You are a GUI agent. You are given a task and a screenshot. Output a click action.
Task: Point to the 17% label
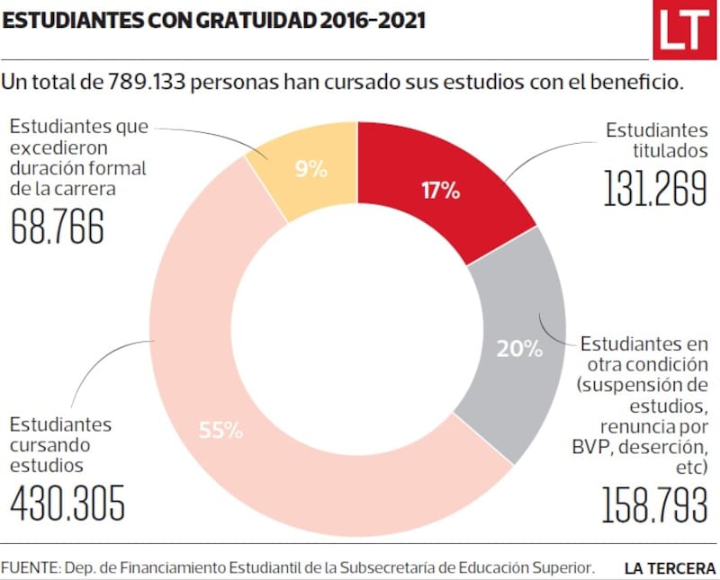[441, 191]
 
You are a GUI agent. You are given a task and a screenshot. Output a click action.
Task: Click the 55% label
[220, 430]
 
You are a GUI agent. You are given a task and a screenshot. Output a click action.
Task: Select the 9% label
[310, 168]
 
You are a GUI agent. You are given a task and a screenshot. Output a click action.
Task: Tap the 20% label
[519, 348]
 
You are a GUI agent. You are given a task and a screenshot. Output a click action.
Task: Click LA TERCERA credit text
[670, 568]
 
